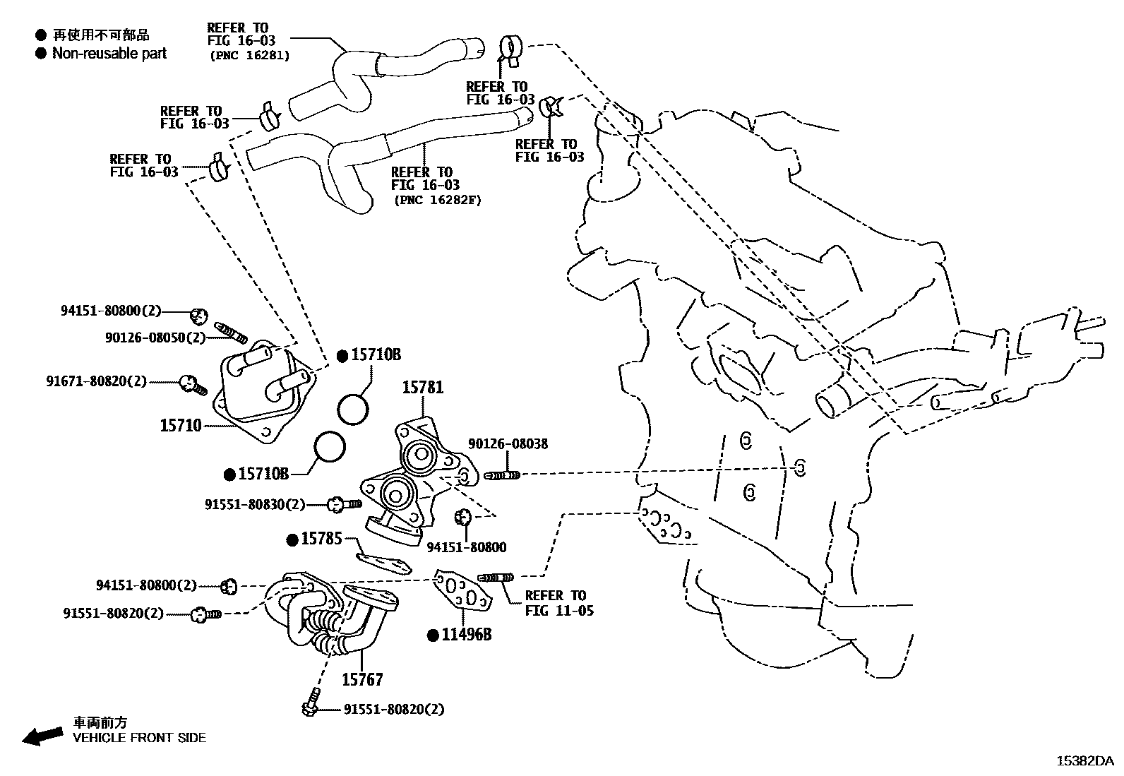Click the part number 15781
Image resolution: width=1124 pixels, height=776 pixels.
(423, 388)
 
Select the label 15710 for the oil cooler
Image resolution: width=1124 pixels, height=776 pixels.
(181, 426)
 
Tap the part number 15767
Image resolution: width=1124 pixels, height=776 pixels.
(362, 680)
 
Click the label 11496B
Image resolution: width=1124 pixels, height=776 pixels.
(466, 635)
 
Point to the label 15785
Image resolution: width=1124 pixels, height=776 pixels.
(321, 539)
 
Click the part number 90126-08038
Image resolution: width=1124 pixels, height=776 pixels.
(508, 444)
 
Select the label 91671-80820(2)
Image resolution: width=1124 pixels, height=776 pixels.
(97, 381)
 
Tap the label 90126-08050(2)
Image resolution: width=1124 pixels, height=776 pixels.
(155, 338)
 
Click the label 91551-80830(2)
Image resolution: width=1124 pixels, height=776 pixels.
(255, 505)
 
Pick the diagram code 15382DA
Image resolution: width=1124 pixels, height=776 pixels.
(1084, 761)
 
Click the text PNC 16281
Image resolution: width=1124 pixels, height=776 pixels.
(249, 55)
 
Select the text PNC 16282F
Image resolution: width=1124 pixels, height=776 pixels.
(437, 200)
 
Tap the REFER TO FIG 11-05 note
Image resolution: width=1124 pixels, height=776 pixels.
(558, 603)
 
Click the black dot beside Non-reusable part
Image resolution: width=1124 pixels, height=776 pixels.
(41, 54)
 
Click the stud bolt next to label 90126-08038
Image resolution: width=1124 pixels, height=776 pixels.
(502, 475)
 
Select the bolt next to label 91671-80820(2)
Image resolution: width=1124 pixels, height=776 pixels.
(191, 384)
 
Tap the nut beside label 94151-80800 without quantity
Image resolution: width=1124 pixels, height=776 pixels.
(463, 517)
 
